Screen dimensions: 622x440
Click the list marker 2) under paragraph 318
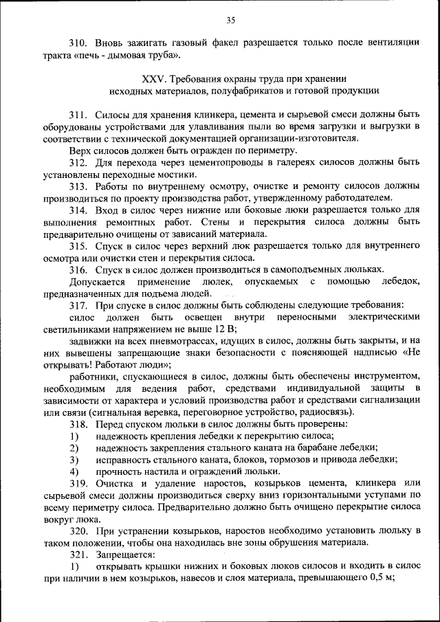point(74,447)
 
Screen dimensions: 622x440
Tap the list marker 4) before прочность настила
point(74,471)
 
